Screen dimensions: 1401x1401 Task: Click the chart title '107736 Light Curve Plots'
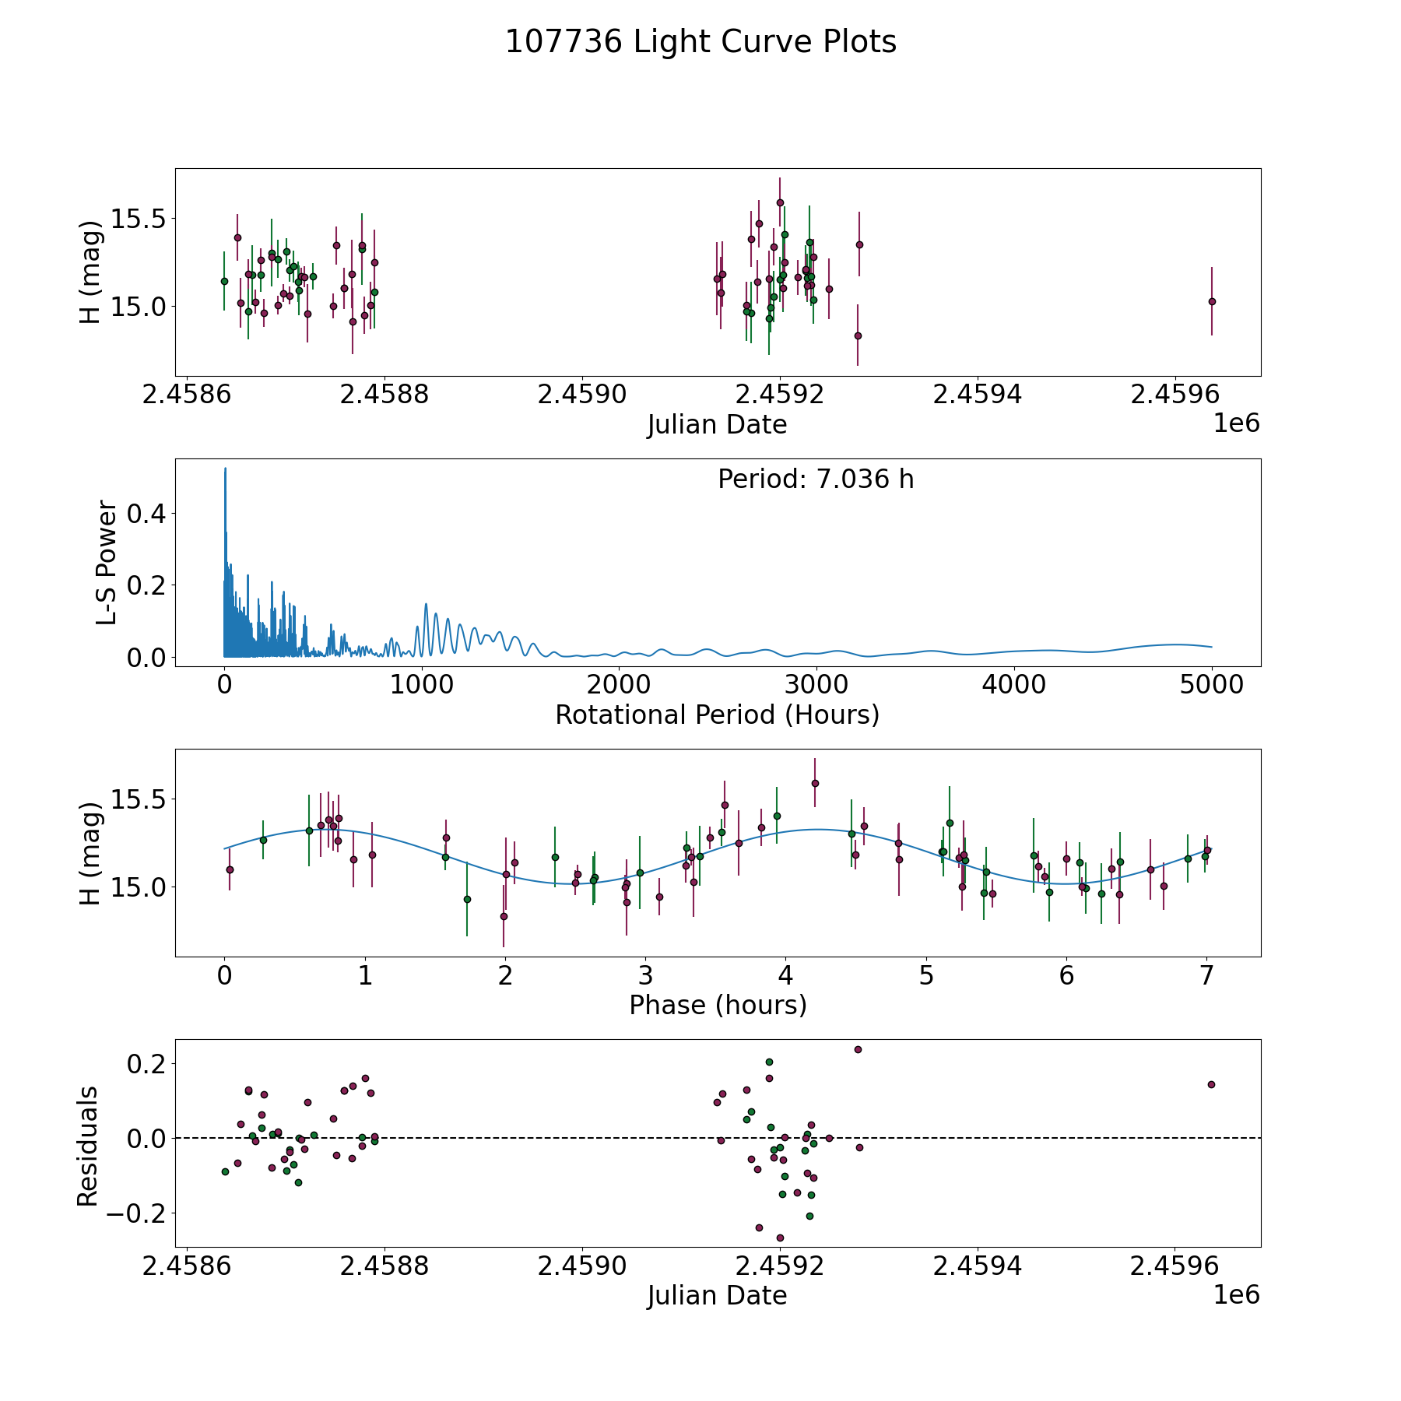click(700, 42)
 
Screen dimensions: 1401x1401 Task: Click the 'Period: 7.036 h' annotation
click(816, 479)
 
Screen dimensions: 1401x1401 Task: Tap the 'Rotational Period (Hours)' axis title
click(717, 715)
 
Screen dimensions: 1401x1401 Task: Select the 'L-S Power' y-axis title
click(107, 563)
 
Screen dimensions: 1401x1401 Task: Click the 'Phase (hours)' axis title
click(718, 1005)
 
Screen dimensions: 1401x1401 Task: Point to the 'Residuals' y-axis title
click(88, 1146)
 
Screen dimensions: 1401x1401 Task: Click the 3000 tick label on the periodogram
click(816, 685)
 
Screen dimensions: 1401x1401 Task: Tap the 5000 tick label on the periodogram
click(1211, 685)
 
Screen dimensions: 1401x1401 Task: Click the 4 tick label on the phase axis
click(786, 975)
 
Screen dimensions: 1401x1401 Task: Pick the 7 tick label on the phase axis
click(1207, 975)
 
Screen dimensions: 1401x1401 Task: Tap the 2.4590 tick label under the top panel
click(582, 395)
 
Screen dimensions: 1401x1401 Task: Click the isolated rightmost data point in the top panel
click(1212, 301)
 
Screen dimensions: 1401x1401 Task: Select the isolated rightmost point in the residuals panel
click(1211, 1084)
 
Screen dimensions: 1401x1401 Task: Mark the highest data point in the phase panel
click(815, 783)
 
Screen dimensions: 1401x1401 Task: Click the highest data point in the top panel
click(780, 202)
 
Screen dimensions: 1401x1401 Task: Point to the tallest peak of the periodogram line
click(225, 469)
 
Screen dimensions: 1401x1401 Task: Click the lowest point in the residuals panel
click(780, 1238)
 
